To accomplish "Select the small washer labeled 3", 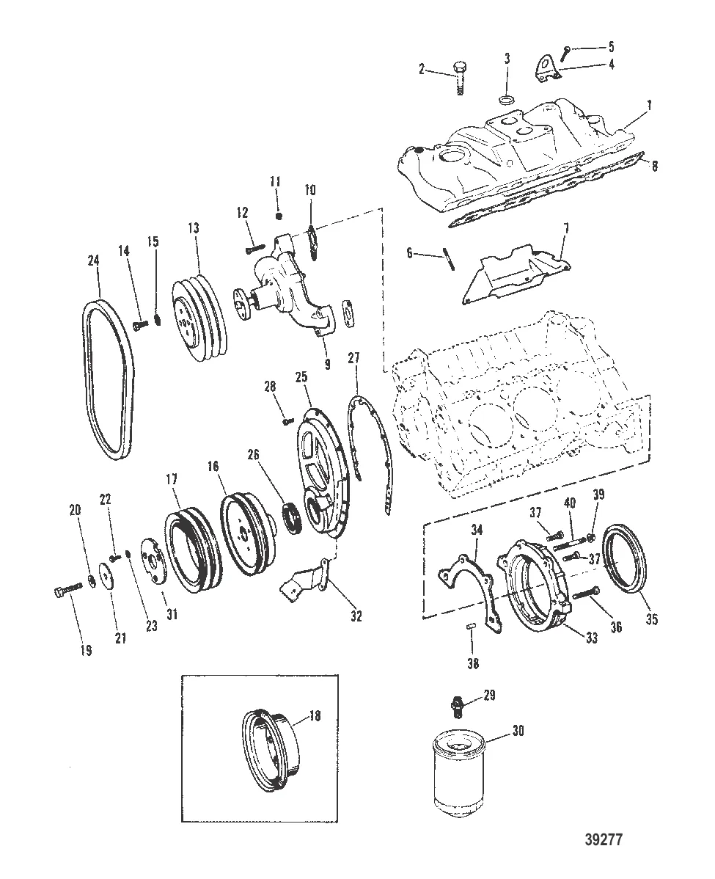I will (505, 99).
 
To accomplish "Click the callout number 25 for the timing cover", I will (301, 376).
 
